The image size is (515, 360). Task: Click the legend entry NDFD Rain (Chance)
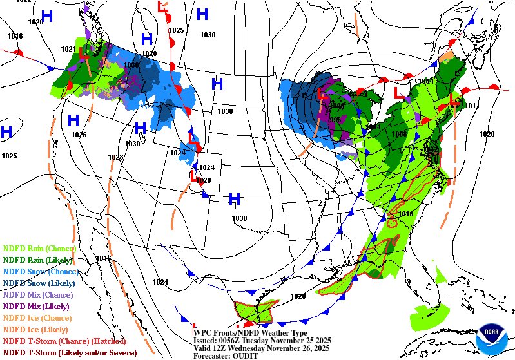point(40,248)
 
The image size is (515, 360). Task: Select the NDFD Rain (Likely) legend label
point(39,260)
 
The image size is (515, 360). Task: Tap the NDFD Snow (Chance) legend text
point(41,271)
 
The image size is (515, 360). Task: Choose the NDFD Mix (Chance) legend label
point(38,294)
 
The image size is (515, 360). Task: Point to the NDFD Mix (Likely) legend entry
point(37,306)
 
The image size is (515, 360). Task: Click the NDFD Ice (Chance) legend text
point(37,317)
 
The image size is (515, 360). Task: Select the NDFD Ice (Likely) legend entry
point(36,329)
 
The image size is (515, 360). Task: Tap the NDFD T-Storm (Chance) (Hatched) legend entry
point(64,341)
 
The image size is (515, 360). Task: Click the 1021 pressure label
point(68,49)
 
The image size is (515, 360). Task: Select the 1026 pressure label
point(79,135)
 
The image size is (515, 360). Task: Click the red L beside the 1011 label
point(456,100)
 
